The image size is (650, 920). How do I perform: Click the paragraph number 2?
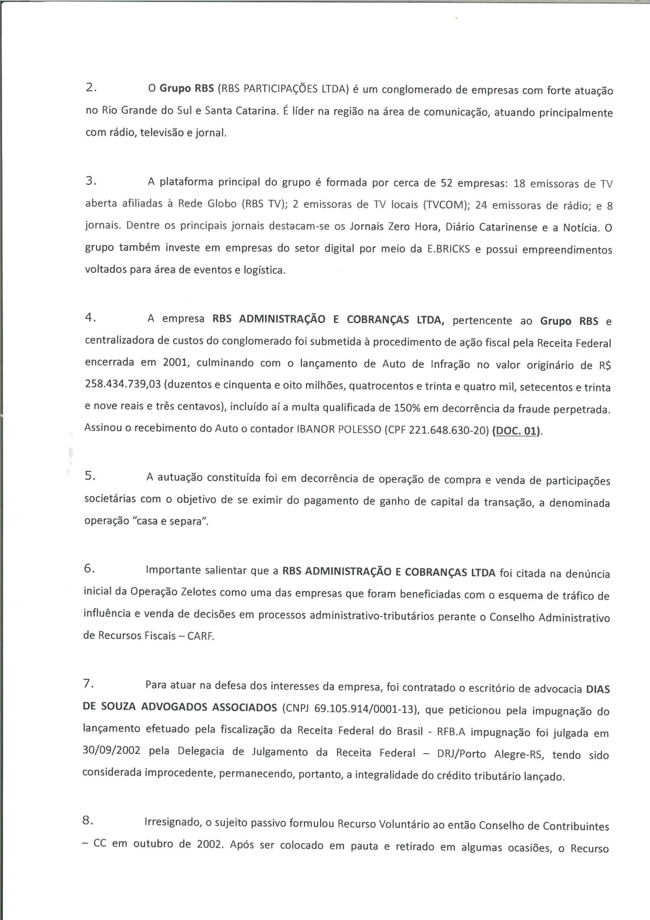pos(90,89)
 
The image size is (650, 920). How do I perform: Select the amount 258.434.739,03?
pos(123,384)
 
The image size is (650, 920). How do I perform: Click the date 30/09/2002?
pos(111,750)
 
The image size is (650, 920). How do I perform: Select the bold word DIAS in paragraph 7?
pos(598,689)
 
